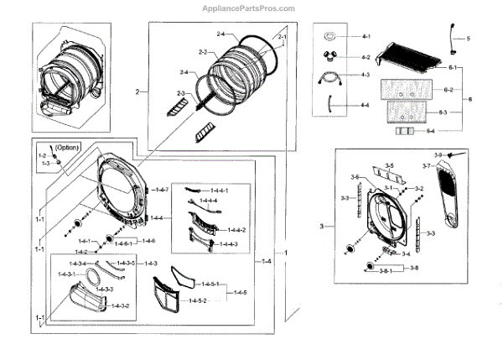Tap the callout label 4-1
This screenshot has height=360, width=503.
coord(366,38)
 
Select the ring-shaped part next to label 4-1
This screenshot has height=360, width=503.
coord(330,37)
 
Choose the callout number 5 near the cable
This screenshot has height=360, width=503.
coord(468,39)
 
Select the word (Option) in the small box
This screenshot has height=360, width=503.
coord(67,148)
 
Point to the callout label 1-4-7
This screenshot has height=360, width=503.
coord(161,190)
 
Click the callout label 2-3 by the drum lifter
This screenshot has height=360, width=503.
coord(181,92)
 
